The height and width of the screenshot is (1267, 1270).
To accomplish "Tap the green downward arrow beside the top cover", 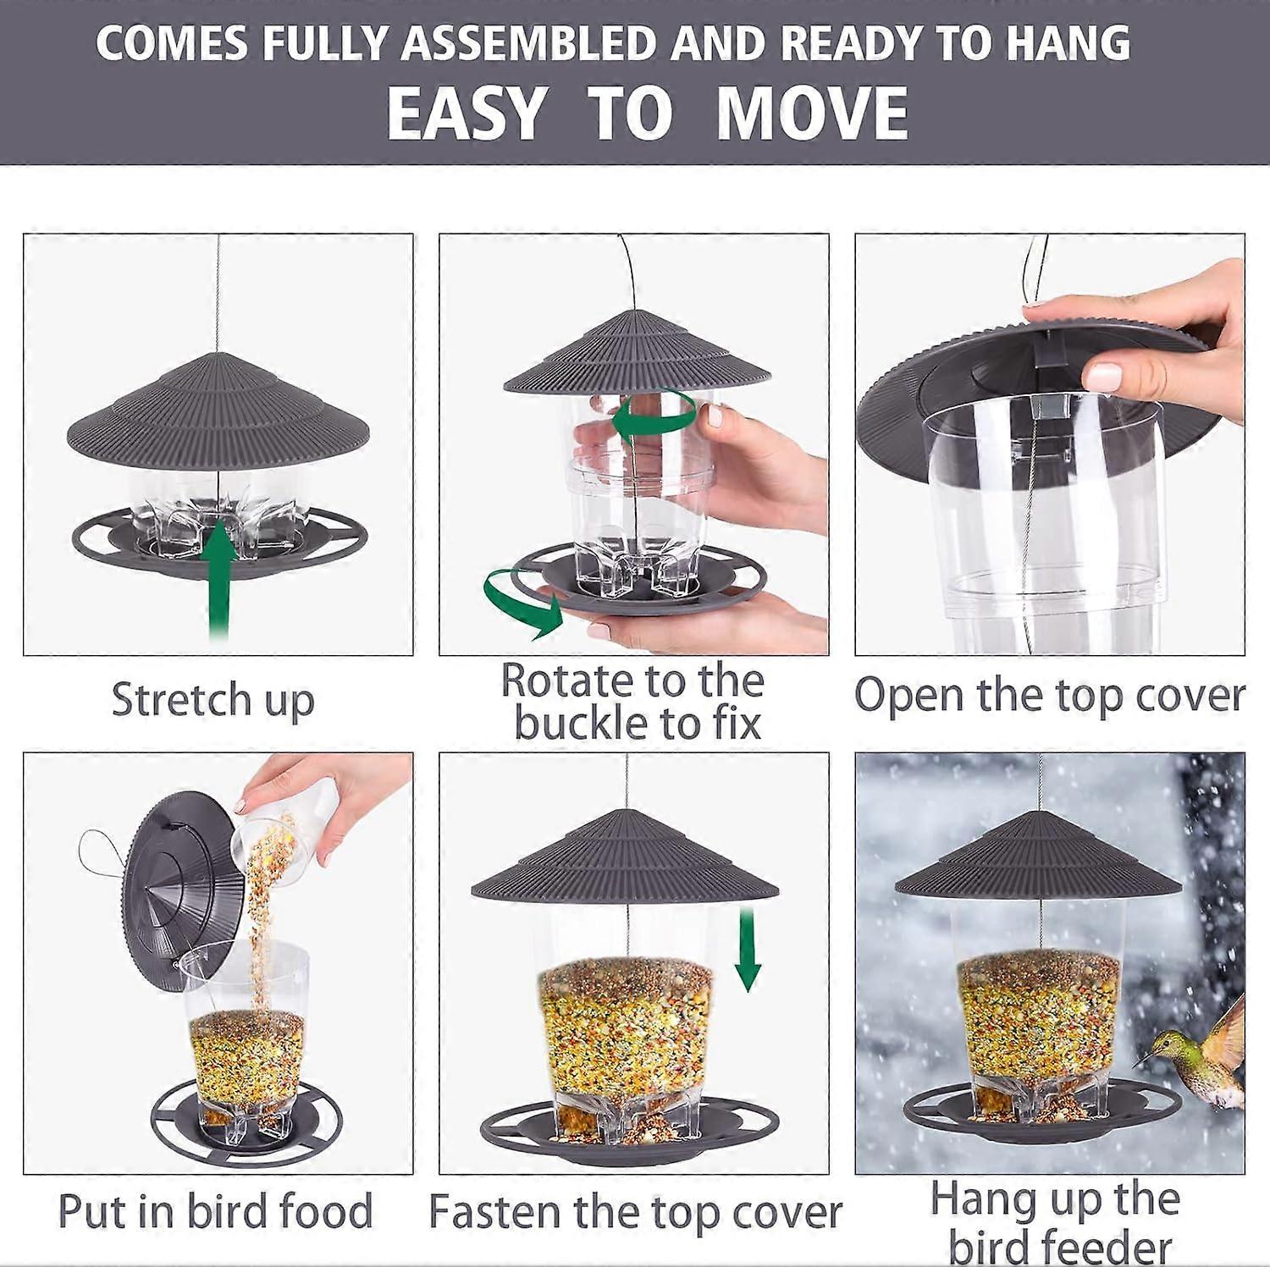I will [747, 948].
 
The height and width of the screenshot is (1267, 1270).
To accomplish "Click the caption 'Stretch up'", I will [213, 700].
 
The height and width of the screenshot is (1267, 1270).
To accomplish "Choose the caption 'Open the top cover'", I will [1049, 696].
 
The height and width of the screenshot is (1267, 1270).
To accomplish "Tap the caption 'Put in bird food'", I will [215, 1211].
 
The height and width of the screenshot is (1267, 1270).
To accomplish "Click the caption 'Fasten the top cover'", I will [635, 1212].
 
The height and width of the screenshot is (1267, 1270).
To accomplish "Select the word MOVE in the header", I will [812, 113].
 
